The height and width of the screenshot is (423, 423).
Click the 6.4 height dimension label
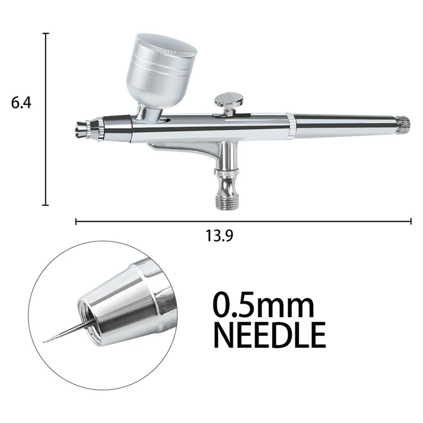click(x=22, y=103)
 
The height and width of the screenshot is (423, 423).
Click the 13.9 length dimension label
click(x=218, y=236)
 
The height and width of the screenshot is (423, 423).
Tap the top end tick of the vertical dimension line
click(x=46, y=33)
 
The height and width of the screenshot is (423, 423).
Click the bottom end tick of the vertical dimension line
click(x=46, y=205)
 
